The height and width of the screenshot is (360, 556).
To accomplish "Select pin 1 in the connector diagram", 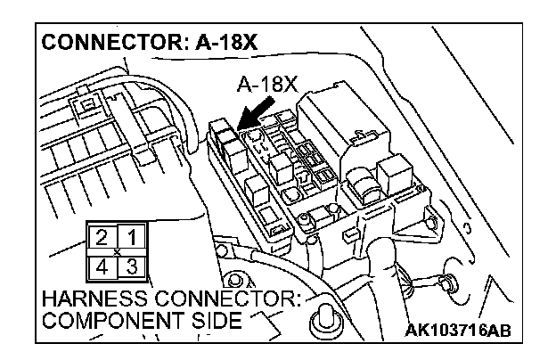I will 131,236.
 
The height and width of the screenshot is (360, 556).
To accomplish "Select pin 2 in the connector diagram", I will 102,236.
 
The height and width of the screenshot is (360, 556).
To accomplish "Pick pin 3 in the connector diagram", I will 131,265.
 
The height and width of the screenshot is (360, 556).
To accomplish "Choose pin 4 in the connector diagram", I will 102,265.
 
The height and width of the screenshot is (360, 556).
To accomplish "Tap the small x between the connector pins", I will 117,250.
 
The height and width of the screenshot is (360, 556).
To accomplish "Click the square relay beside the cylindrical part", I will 392,169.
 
